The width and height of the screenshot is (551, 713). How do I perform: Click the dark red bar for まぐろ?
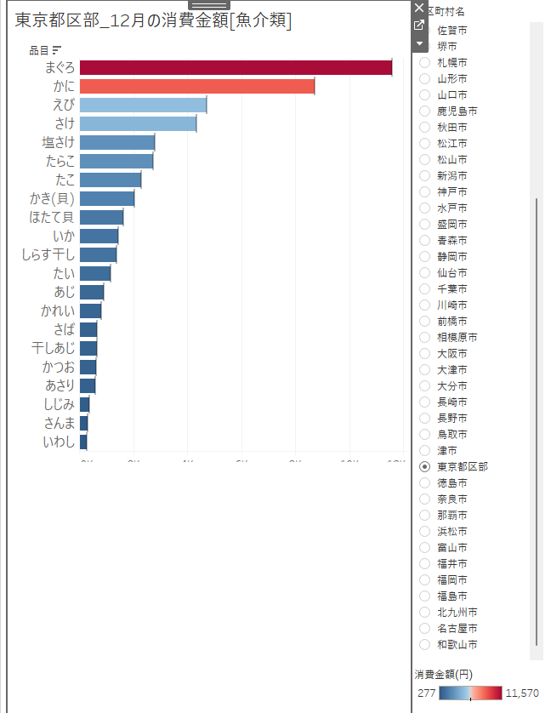236,68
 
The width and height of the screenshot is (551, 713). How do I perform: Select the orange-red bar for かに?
197,87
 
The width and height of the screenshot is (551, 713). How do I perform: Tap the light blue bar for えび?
143,106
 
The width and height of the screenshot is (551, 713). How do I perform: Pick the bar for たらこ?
116,162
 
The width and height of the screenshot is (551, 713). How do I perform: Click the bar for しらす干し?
98,255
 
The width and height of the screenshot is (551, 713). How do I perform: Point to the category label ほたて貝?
52,218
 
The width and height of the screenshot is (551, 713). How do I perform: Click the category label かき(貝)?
52,199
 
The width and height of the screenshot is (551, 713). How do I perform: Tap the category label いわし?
59,442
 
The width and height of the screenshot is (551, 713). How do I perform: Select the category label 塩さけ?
59,143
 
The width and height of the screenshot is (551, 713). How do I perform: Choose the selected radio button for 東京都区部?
424,467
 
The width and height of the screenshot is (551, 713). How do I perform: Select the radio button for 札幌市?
424,63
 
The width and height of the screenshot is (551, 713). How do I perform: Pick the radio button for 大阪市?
424,354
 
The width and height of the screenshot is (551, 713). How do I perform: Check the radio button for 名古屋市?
424,629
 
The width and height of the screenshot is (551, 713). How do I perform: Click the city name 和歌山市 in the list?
457,645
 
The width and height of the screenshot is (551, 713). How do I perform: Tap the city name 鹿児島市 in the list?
457,111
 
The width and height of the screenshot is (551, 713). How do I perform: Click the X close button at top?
418,8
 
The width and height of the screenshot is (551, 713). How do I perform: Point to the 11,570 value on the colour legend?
522,693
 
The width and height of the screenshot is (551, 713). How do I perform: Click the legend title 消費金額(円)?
444,675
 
